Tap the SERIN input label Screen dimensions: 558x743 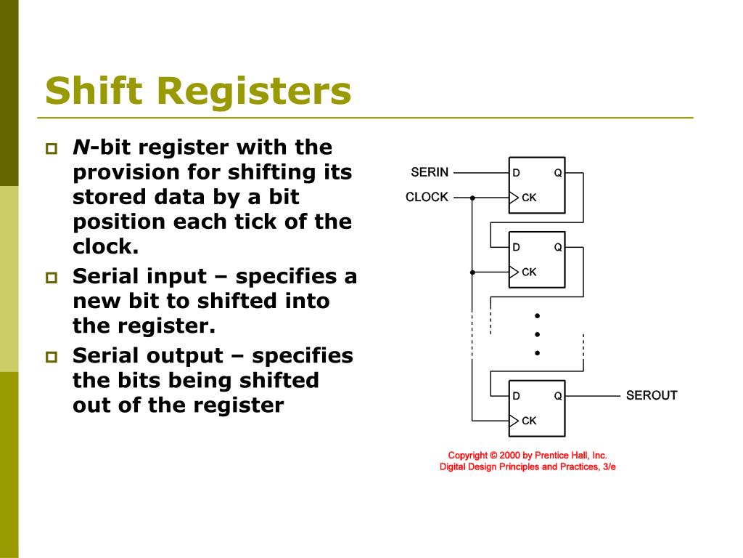(x=430, y=172)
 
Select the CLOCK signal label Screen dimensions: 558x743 (x=427, y=197)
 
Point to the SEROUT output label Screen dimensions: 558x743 (x=652, y=395)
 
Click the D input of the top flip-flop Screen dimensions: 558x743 (x=517, y=173)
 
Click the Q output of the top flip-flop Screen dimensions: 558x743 (x=558, y=173)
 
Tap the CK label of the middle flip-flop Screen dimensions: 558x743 (x=529, y=272)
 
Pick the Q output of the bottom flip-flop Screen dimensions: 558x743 (x=558, y=396)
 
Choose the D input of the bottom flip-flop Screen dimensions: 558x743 (x=517, y=396)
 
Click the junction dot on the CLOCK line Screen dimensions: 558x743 (x=472, y=197)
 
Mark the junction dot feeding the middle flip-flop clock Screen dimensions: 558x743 (x=472, y=272)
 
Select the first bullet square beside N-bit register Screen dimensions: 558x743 (x=52, y=150)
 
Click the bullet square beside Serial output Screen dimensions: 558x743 (x=52, y=357)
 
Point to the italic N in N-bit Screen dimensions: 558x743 (x=81, y=147)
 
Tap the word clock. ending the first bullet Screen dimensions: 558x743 (x=105, y=246)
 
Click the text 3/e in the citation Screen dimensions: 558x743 (x=609, y=466)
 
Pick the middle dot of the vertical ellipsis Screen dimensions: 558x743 (x=538, y=334)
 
